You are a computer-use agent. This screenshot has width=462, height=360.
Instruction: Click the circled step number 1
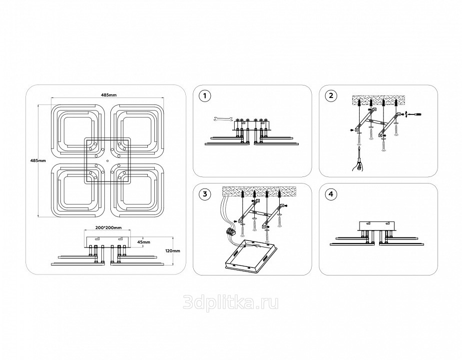(205, 95)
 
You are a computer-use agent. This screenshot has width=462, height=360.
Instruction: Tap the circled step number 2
(331, 95)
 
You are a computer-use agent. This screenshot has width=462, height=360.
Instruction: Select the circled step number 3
(205, 194)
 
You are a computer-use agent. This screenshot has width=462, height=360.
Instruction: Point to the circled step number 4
(331, 194)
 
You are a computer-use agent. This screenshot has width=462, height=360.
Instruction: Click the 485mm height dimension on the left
(38, 160)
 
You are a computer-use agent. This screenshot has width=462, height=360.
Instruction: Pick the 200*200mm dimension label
(108, 227)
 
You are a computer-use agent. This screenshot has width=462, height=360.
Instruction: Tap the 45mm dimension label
(144, 242)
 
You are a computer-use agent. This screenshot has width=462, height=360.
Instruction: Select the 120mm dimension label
(173, 251)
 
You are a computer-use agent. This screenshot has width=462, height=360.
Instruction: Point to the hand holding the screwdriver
(358, 165)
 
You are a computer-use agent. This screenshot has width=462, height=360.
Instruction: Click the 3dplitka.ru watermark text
(231, 302)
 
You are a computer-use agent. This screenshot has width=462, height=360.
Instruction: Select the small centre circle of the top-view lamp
(107, 161)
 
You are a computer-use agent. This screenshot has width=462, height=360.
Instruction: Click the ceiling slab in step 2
(377, 100)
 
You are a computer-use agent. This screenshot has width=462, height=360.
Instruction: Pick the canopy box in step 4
(377, 226)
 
